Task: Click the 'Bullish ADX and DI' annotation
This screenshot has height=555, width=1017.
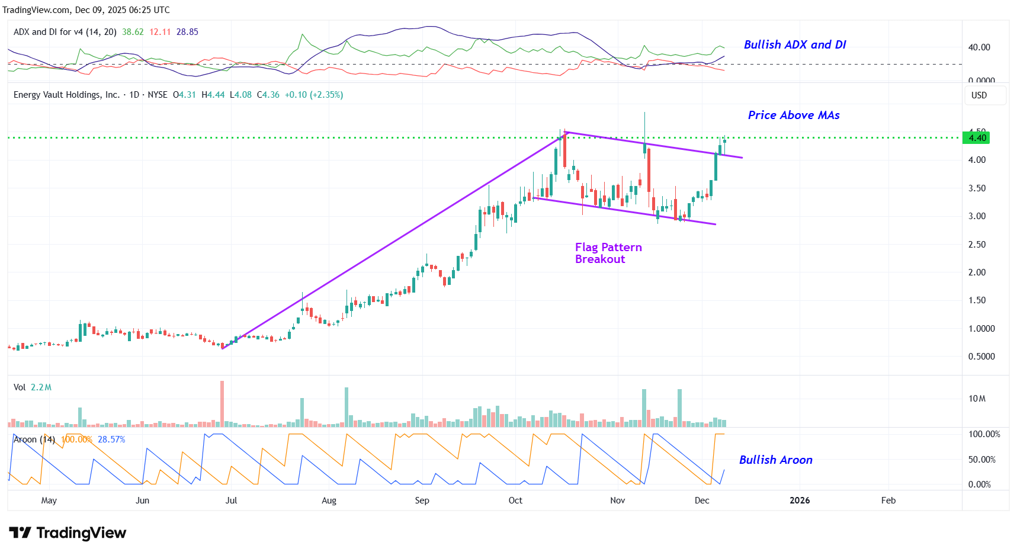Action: click(x=794, y=45)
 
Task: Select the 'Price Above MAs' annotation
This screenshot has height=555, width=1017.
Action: click(x=793, y=116)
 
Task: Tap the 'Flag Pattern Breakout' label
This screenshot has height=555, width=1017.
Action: click(x=608, y=253)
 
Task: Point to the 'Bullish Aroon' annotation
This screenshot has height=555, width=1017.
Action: click(x=775, y=460)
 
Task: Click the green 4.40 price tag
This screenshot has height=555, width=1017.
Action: click(x=976, y=138)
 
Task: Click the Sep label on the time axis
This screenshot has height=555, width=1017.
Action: click(x=422, y=501)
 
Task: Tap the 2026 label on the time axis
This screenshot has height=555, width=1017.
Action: click(x=799, y=501)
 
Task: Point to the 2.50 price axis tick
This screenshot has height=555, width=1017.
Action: click(x=977, y=245)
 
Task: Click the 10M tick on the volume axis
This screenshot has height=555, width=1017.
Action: click(x=977, y=399)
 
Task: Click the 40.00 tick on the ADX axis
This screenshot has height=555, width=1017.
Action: click(x=978, y=47)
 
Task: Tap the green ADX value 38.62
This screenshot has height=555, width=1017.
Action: click(x=133, y=32)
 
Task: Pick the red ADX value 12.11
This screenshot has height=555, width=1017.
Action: click(x=160, y=32)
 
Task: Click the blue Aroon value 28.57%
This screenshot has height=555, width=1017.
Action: click(x=111, y=439)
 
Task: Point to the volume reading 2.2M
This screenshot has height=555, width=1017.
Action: click(x=41, y=387)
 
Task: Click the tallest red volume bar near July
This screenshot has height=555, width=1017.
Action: click(x=222, y=403)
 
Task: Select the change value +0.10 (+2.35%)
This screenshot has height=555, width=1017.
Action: click(x=313, y=95)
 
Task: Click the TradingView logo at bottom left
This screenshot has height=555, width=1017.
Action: click(x=68, y=533)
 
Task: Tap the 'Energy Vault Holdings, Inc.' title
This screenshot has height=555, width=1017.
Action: click(x=66, y=95)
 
